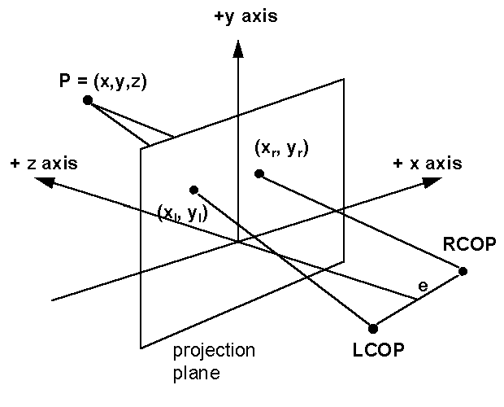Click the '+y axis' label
(x=246, y=15)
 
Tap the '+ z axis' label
(x=45, y=163)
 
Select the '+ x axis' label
(x=428, y=163)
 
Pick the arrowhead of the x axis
(x=430, y=182)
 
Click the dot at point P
(x=88, y=100)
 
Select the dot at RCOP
(x=463, y=271)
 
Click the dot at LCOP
(x=373, y=329)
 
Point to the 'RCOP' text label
(x=465, y=245)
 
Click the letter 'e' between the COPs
(x=422, y=287)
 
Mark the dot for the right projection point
(x=259, y=173)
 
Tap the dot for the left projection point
(x=193, y=190)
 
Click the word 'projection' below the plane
(x=214, y=352)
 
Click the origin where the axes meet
(x=237, y=241)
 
